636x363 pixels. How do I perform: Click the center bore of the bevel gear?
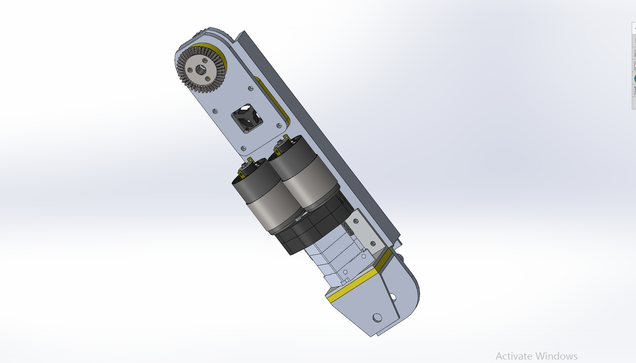[x=201, y=69]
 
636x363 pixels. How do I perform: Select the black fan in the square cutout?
[x=247, y=118]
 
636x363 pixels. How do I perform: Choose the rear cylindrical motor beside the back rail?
[x=304, y=173]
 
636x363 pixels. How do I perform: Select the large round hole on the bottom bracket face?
[x=377, y=317]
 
